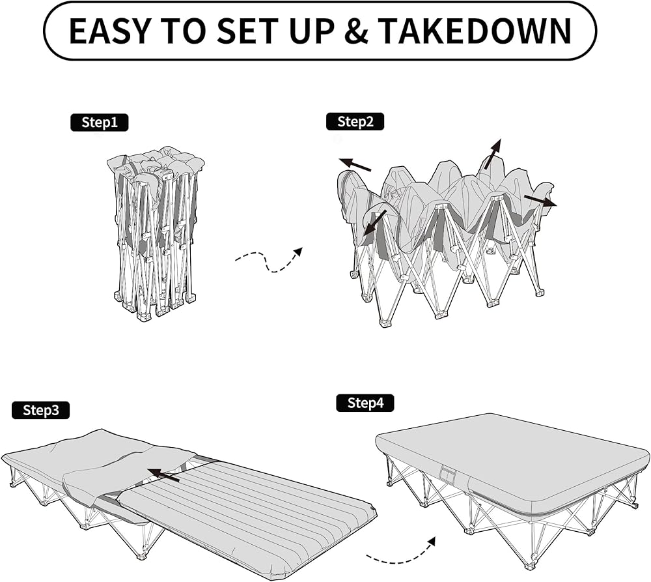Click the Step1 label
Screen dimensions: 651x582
(x=99, y=122)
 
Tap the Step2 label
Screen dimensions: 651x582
(x=355, y=121)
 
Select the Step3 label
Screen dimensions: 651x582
(x=40, y=410)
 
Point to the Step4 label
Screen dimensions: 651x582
(x=365, y=403)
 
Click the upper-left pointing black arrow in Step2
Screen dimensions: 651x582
(x=355, y=164)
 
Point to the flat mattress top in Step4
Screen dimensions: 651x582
(x=514, y=450)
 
